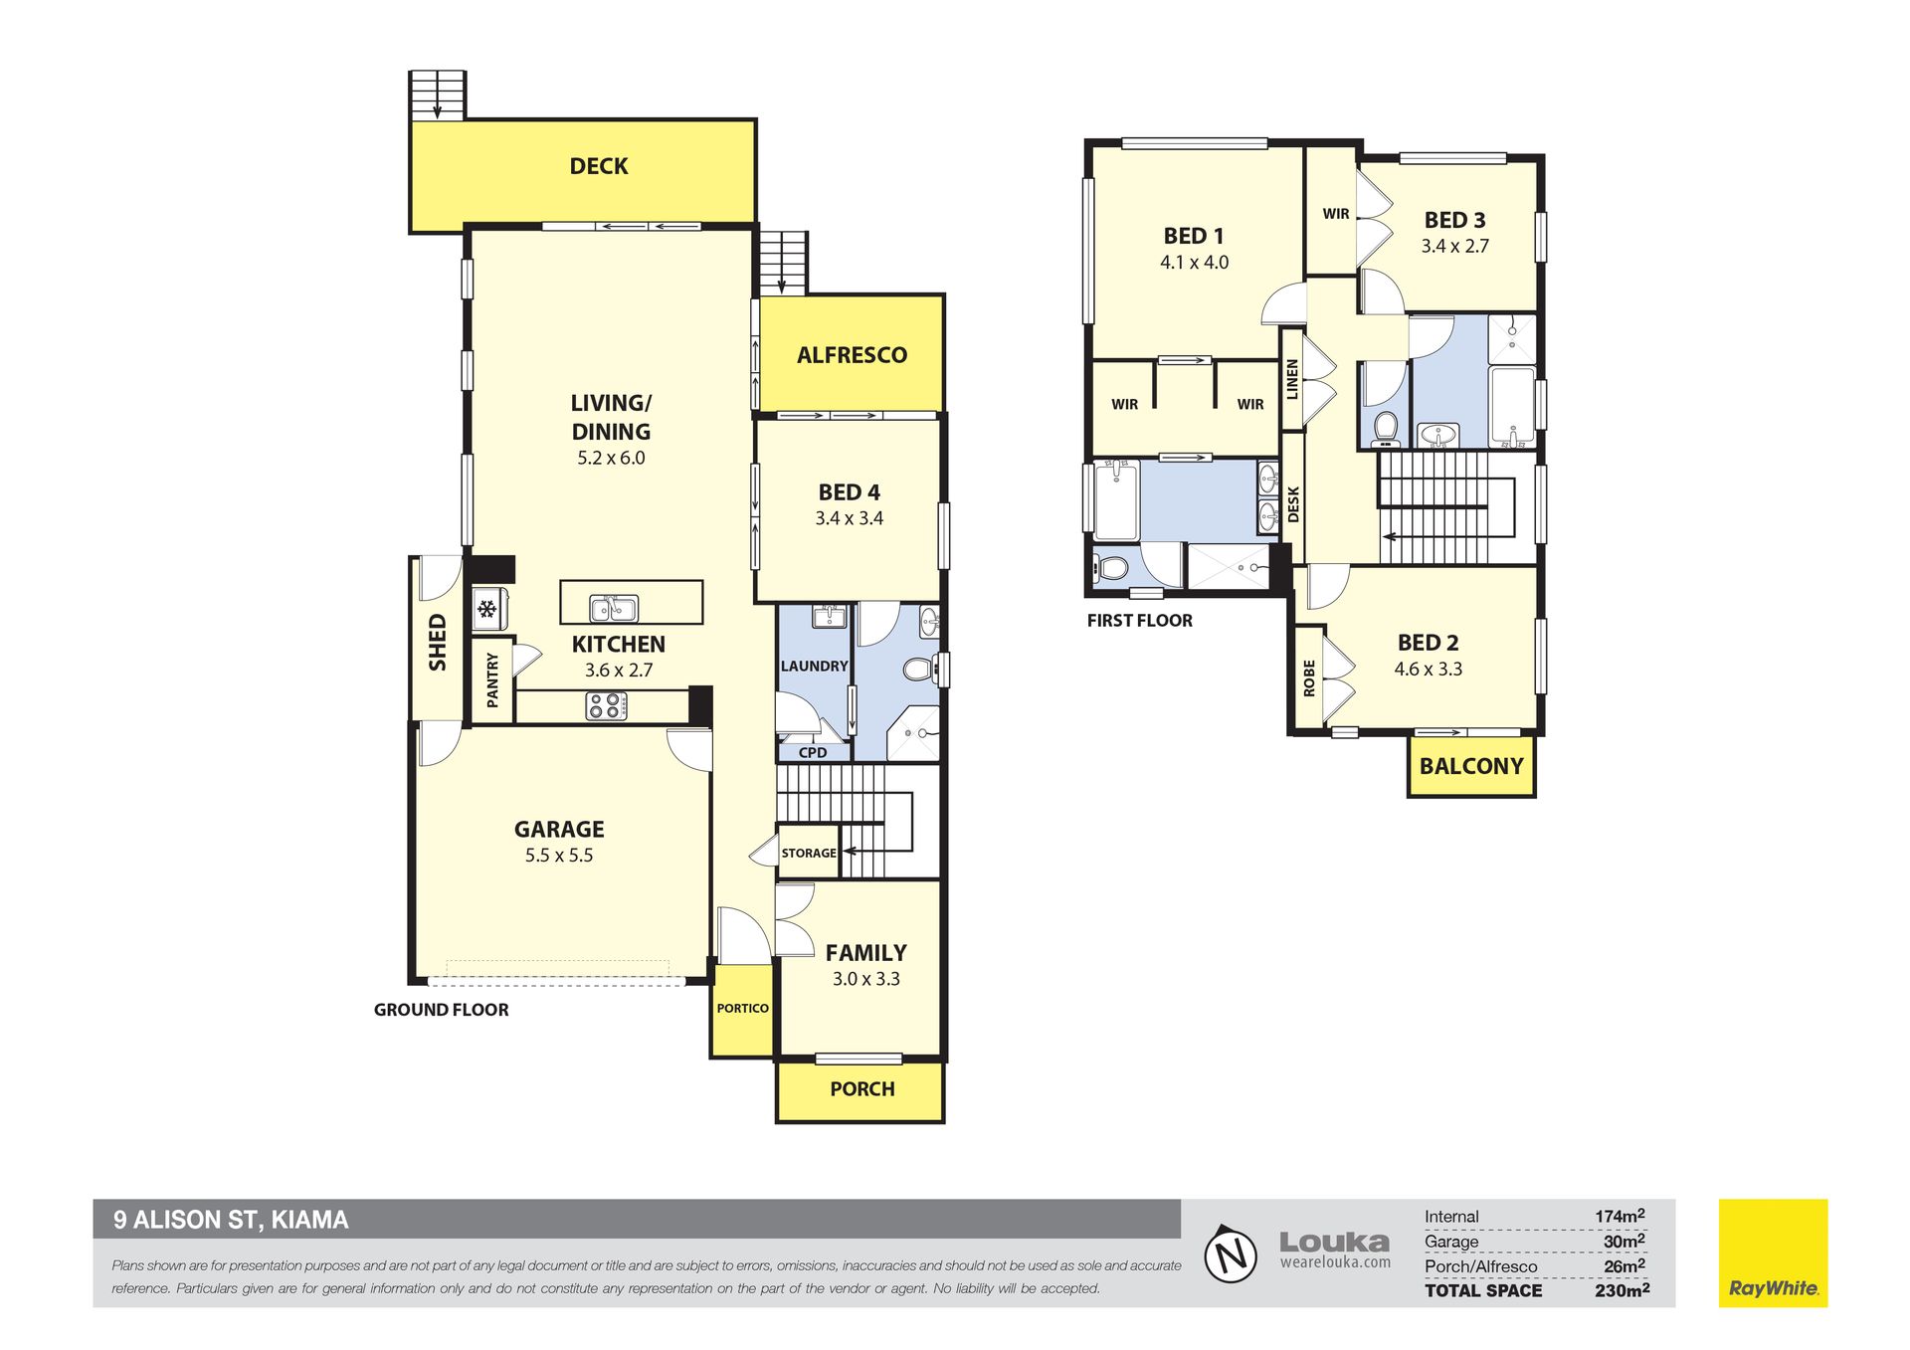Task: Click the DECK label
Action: tap(599, 166)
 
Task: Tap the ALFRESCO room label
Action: tap(852, 355)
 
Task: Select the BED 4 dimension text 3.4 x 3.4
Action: tap(849, 518)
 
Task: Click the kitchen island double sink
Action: tap(614, 607)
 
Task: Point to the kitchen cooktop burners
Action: tap(606, 706)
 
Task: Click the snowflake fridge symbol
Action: tap(486, 609)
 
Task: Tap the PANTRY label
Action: tap(492, 680)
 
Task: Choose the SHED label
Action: tap(438, 643)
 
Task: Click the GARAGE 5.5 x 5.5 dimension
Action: tap(559, 856)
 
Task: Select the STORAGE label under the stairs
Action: tap(809, 853)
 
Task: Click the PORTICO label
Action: tap(743, 1008)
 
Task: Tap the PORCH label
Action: tap(862, 1089)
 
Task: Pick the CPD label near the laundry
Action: tap(813, 752)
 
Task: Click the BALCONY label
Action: tap(1471, 766)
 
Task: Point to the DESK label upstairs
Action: tap(1293, 503)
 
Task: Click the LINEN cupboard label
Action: tap(1292, 380)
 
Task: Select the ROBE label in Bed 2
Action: tap(1309, 677)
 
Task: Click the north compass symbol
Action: tap(1232, 1254)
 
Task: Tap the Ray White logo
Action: tap(1773, 1253)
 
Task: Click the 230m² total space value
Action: tap(1622, 1290)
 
